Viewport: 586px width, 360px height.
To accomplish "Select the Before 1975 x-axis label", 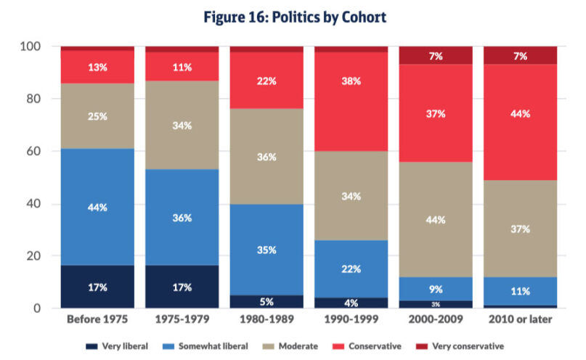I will point(97,321).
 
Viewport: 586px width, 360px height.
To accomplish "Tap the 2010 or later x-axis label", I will point(520,321).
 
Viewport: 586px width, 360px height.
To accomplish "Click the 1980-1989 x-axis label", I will point(266,321).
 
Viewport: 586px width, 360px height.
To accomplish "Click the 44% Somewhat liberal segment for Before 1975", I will point(97,207).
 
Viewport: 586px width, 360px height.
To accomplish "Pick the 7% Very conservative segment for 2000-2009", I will point(436,55).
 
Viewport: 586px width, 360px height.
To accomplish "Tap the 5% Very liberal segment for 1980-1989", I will point(266,301).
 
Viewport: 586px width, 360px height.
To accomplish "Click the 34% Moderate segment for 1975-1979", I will point(182,125).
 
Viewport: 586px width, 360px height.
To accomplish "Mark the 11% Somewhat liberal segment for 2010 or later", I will point(520,292).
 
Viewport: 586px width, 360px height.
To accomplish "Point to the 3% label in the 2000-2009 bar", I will point(436,304).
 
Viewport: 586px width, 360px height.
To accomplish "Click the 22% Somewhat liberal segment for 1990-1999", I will point(351,268).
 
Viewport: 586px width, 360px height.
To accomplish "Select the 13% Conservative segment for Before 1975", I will point(97,67).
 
